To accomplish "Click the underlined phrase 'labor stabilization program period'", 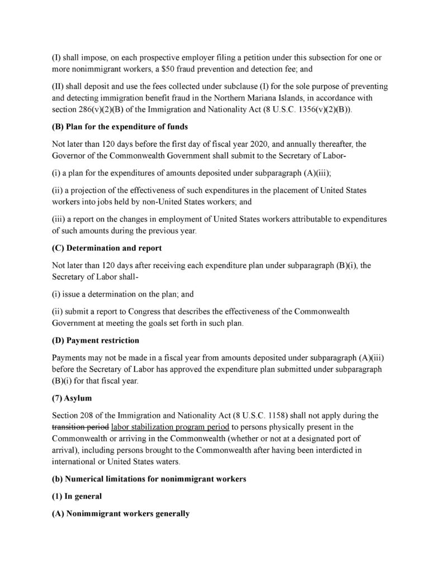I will coord(167,427).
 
